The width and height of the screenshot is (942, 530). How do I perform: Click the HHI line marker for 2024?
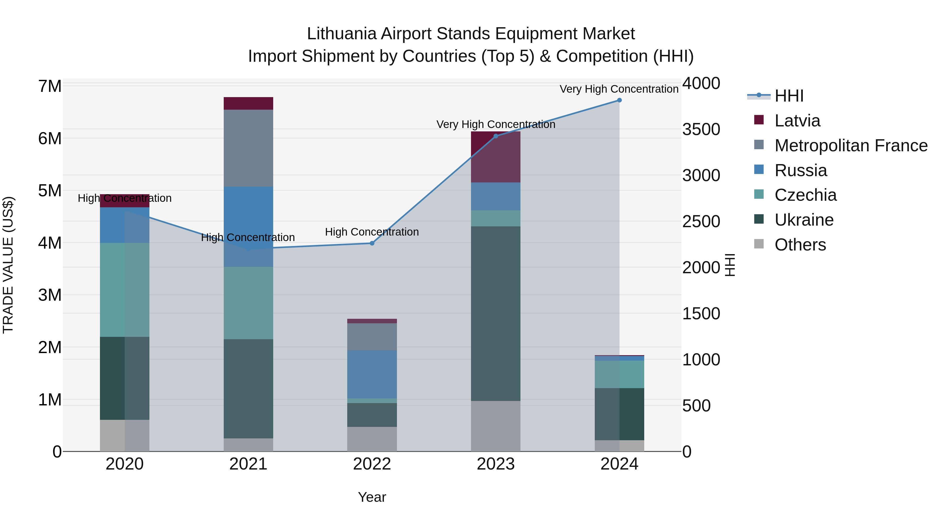(619, 100)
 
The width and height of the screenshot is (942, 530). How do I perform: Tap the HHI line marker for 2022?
(372, 243)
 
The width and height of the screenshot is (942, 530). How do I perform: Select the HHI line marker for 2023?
(496, 136)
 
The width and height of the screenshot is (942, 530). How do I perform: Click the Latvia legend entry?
(797, 121)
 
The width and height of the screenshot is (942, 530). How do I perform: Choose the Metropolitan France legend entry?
(851, 146)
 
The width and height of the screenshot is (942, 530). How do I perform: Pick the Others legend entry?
(800, 245)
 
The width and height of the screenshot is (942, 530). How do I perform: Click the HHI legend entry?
(789, 96)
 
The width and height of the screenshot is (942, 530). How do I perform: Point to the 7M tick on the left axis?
(50, 86)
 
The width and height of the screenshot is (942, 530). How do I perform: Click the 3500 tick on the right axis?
(701, 130)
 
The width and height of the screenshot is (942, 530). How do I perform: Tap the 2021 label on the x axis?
(248, 464)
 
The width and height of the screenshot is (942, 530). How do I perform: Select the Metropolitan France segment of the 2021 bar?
(248, 148)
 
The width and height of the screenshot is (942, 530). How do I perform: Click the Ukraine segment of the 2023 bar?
(496, 314)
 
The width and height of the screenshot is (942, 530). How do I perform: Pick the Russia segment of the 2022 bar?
(372, 374)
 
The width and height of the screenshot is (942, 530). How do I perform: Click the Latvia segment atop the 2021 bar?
(248, 103)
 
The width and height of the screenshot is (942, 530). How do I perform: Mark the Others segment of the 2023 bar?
(496, 426)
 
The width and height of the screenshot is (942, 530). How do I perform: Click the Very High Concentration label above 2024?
(619, 89)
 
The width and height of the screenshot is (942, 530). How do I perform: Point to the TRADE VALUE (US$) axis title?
(8, 265)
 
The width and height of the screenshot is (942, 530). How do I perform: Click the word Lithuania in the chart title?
(341, 34)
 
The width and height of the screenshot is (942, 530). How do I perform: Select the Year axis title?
(372, 497)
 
